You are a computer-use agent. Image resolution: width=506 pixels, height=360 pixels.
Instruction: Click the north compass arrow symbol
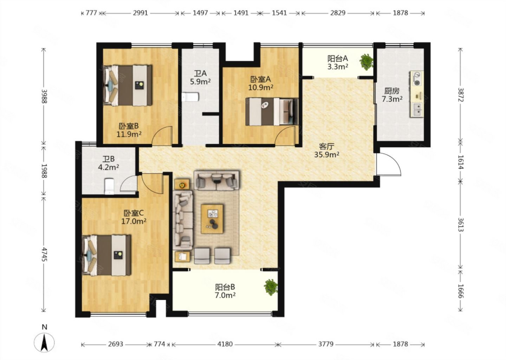pos(44,342)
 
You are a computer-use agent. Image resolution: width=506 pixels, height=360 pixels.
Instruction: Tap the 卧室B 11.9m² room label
pos(129,130)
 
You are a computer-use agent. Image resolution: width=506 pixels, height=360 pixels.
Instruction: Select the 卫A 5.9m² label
pos(200,77)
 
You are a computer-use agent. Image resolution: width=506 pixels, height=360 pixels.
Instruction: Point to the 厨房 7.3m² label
pos(392,95)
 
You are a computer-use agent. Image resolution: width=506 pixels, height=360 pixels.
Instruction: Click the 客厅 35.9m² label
pos(327,150)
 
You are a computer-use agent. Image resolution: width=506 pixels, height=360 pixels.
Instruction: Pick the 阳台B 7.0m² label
pos(225,291)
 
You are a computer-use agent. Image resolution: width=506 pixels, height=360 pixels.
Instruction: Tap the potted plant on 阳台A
pos(366,62)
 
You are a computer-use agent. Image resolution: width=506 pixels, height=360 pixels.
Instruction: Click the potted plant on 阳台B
pos(271,287)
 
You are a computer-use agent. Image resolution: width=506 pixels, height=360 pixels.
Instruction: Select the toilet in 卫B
pos(110,186)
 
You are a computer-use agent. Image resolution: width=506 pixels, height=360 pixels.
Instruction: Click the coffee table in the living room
pos(212,219)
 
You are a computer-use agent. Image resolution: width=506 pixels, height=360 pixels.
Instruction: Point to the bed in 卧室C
pos(106,255)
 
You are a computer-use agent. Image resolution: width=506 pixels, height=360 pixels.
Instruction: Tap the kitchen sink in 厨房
pos(417,110)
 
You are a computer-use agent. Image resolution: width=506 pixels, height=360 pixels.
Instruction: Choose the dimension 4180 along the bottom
pos(225,344)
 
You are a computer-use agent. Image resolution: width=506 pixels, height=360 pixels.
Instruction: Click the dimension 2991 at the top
pos(140,13)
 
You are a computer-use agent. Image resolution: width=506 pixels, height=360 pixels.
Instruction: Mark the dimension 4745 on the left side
pos(44,255)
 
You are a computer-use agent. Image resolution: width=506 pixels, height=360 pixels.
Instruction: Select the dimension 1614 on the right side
pos(461,162)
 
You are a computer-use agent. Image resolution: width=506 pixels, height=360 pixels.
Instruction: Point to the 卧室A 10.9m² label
pos(261,83)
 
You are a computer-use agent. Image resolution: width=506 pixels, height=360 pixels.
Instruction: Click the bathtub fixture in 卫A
pos(190,97)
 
